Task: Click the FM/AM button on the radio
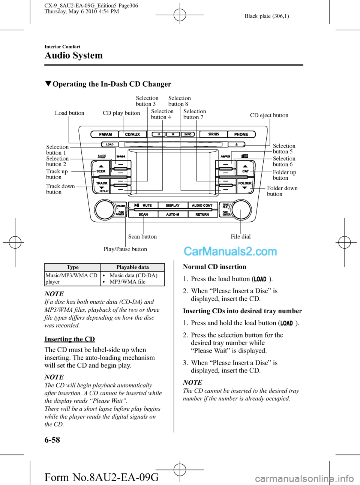pos(105,134)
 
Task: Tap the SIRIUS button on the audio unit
pos(213,134)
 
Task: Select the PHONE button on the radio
pos(241,134)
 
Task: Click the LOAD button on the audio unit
pos(109,144)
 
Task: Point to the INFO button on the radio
pos(187,134)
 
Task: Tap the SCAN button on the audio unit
pos(143,214)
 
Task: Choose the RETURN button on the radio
pos(202,214)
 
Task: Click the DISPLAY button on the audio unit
pos(172,205)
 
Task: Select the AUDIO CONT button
pos(202,205)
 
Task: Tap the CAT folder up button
pos(245,169)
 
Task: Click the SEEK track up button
pos(100,169)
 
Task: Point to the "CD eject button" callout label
pos(269,115)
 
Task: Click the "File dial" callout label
pos(241,237)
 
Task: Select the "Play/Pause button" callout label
pos(125,249)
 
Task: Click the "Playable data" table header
pos(132,267)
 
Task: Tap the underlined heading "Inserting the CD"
pos(69,339)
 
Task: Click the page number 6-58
pos(52,440)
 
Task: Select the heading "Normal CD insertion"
pos(214,267)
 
